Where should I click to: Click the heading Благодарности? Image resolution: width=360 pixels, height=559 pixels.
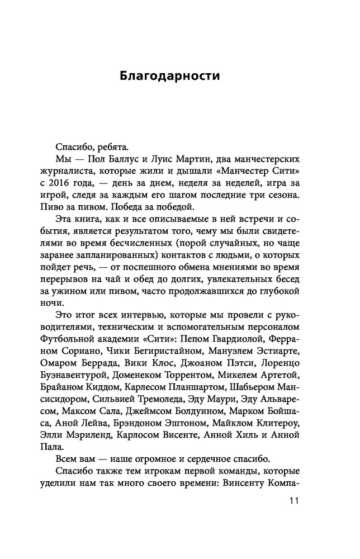pos(169,75)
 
